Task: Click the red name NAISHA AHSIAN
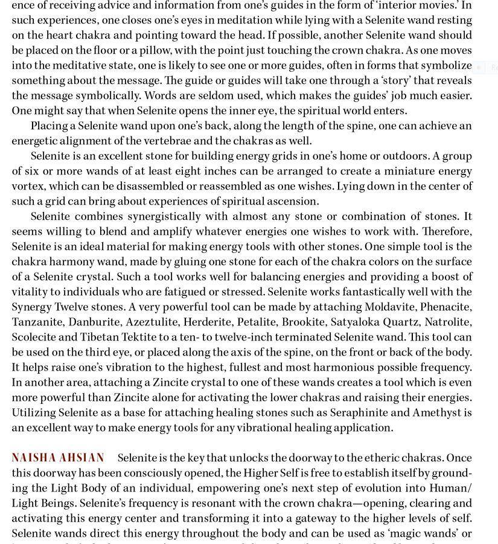coord(58,458)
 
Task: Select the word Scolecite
coord(35,337)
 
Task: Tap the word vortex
coord(27,186)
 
